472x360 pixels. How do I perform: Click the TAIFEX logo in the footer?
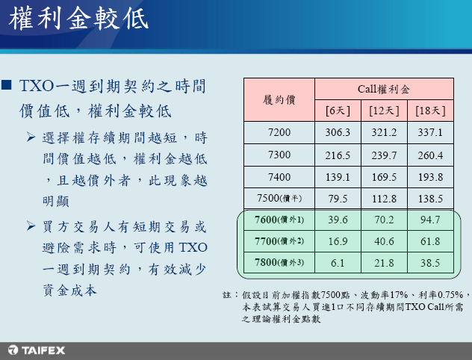point(37,350)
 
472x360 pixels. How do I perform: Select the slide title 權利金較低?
point(78,19)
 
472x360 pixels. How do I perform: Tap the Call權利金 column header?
point(384,89)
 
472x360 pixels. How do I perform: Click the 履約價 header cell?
point(279,99)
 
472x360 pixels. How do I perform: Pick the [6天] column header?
point(338,111)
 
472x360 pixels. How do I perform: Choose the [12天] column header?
point(384,111)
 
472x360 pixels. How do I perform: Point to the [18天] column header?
point(430,111)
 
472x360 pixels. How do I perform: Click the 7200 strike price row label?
point(279,132)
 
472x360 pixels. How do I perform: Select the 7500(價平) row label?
point(279,199)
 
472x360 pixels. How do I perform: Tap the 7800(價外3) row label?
point(279,262)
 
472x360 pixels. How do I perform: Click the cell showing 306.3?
point(338,132)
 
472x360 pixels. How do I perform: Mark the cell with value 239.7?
point(384,155)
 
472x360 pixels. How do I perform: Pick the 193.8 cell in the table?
point(430,177)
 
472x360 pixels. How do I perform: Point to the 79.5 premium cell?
point(338,199)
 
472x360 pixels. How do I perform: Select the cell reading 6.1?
point(338,263)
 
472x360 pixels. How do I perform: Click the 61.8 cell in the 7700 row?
point(430,241)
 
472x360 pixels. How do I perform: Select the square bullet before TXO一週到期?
point(6,84)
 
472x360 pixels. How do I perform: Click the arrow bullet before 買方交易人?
point(31,226)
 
